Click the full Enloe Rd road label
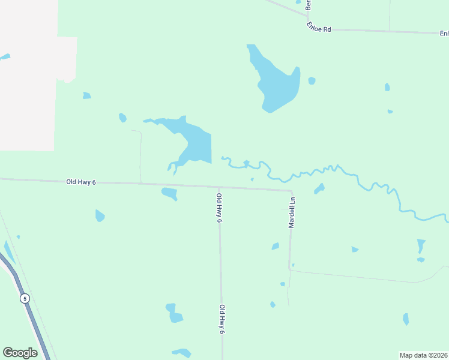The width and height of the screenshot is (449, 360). tap(318, 28)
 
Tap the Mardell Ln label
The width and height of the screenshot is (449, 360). tap(292, 212)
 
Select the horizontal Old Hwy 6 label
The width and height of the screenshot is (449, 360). tap(81, 182)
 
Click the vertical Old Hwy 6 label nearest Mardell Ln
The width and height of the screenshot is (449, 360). tap(220, 208)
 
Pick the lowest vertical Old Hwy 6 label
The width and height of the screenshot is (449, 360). tap(221, 319)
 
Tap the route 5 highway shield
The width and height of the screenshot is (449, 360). tap(25, 298)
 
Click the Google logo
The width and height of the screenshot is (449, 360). tap(20, 353)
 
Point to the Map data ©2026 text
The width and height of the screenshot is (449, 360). tap(424, 355)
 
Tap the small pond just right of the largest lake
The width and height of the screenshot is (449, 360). tap(312, 80)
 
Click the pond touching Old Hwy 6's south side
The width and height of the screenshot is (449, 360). tap(169, 193)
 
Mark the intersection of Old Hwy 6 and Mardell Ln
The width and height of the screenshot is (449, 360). tap(291, 191)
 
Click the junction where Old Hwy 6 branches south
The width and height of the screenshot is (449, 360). tap(218, 187)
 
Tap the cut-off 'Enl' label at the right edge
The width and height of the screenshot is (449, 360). tap(444, 33)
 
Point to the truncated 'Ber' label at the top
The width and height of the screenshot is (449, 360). tap(308, 5)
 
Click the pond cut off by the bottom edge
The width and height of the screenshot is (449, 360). tap(181, 353)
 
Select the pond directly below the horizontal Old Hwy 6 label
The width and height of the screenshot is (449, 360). tap(100, 215)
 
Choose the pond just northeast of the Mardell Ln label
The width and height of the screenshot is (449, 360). tap(319, 189)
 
